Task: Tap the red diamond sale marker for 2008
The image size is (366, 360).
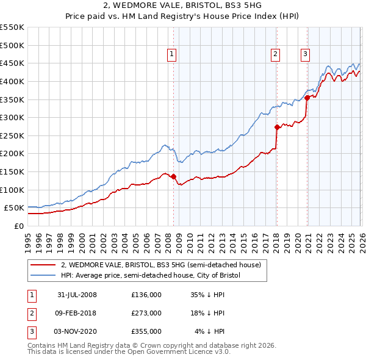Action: point(173,177)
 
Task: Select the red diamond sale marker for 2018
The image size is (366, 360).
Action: point(276,128)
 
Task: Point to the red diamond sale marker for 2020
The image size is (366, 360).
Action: point(306,98)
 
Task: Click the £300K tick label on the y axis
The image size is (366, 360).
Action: point(12,117)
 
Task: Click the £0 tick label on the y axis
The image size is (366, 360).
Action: point(20,226)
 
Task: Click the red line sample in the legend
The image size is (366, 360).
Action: point(43,265)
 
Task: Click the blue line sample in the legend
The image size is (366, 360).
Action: point(43,275)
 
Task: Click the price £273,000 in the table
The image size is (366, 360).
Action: point(146,313)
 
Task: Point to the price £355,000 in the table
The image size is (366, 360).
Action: point(146,331)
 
